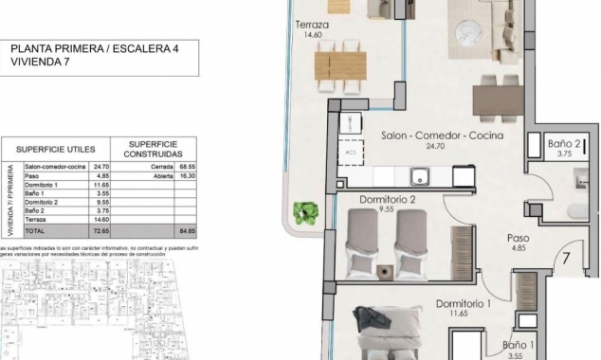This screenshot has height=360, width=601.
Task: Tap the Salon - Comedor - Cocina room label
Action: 441,136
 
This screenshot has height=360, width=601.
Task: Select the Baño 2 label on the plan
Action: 565,144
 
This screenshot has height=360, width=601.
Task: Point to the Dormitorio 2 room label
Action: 389,200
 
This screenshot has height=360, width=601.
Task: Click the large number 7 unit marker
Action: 565,257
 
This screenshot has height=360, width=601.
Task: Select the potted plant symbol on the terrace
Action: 305,212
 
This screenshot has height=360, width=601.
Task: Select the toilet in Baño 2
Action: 577,209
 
